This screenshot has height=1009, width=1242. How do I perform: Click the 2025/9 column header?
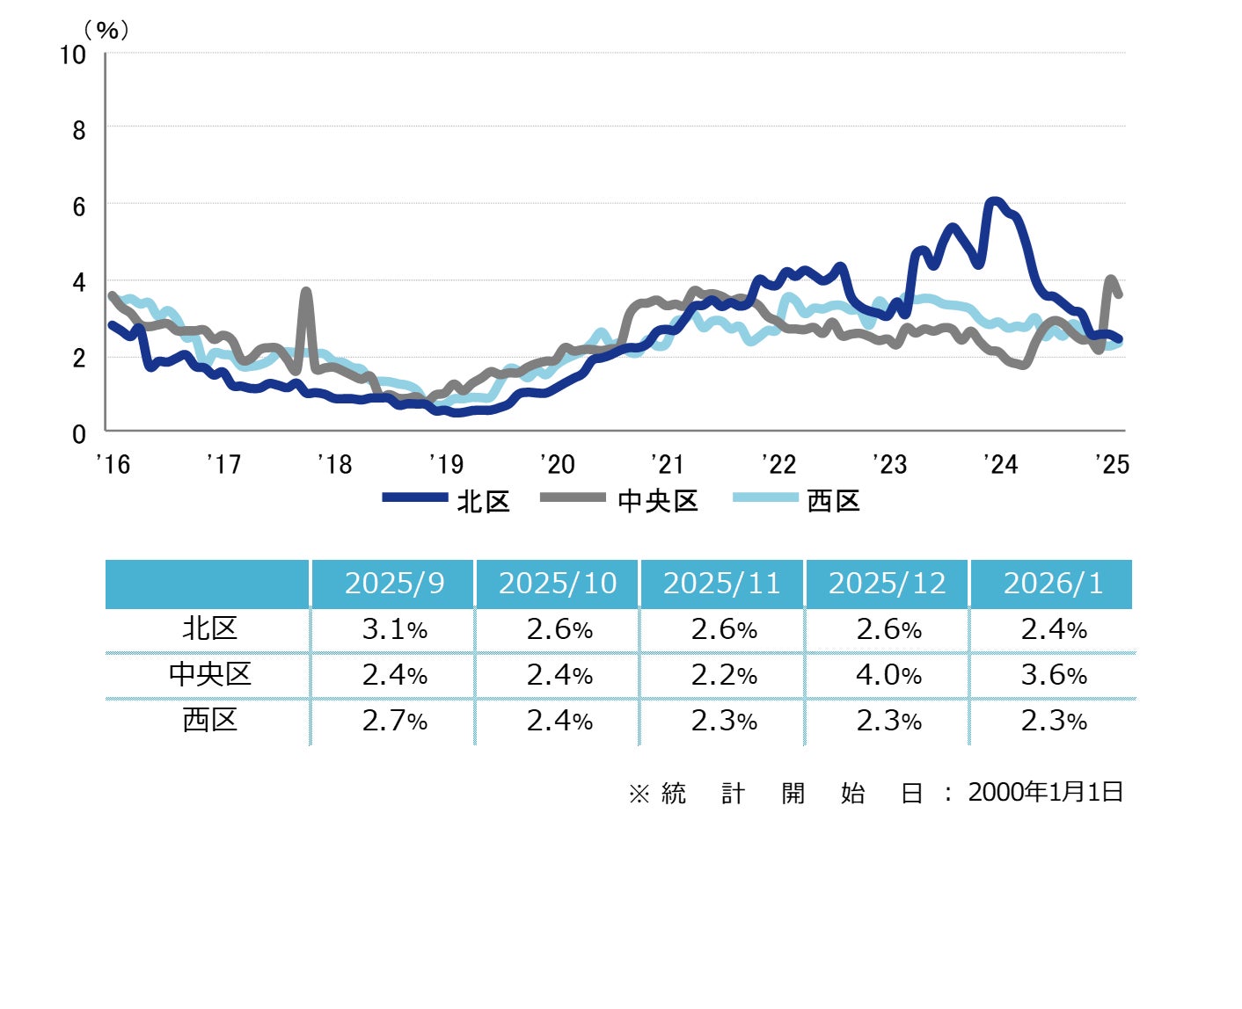[x=394, y=584]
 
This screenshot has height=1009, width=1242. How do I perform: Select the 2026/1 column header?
[x=1053, y=584]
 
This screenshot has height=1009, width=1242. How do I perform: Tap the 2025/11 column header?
[x=722, y=584]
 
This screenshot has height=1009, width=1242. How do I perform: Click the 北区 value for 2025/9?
[x=394, y=629]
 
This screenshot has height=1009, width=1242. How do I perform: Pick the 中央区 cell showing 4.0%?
[x=888, y=675]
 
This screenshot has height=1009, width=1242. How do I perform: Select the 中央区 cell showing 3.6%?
[x=1053, y=675]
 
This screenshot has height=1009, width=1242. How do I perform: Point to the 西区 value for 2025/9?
[x=394, y=721]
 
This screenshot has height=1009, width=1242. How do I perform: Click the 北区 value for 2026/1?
[x=1053, y=629]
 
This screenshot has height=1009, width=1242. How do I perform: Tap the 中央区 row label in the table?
[x=209, y=675]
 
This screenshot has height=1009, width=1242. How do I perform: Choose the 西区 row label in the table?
[x=209, y=721]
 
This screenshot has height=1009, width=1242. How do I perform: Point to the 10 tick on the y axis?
[x=73, y=54]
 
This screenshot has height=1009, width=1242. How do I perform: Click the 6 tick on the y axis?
[x=79, y=207]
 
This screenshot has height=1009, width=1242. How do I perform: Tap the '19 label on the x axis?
[x=446, y=464]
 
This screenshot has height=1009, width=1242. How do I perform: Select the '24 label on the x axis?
[x=1000, y=464]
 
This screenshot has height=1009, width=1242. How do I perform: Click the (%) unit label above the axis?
[x=106, y=31]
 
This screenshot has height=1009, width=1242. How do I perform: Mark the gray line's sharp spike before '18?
[x=306, y=292]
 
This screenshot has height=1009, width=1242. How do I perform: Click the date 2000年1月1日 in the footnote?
[x=1046, y=792]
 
